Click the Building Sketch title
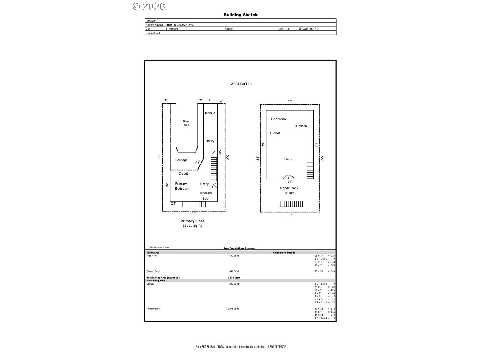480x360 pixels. (x=240, y=15)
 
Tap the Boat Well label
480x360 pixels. (x=186, y=123)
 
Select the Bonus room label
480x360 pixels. (x=210, y=113)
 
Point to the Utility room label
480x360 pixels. (x=210, y=141)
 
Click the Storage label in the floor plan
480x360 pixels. (x=181, y=160)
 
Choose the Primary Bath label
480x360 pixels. (x=206, y=196)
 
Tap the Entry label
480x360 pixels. (x=204, y=184)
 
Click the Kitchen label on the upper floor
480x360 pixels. (x=301, y=126)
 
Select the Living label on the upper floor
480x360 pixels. (x=289, y=159)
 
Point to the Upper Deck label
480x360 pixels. (x=289, y=188)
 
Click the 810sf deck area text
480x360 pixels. (x=289, y=193)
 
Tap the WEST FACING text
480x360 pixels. (x=241, y=84)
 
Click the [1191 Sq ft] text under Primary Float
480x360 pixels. (x=192, y=226)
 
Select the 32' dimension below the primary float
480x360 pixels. (x=194, y=214)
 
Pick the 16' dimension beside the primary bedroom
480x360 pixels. (x=167, y=185)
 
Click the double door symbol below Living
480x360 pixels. (x=289, y=177)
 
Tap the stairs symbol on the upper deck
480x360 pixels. (x=290, y=204)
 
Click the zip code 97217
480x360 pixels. (x=314, y=29)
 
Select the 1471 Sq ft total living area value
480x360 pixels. (x=234, y=277)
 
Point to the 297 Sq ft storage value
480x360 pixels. (x=234, y=284)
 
